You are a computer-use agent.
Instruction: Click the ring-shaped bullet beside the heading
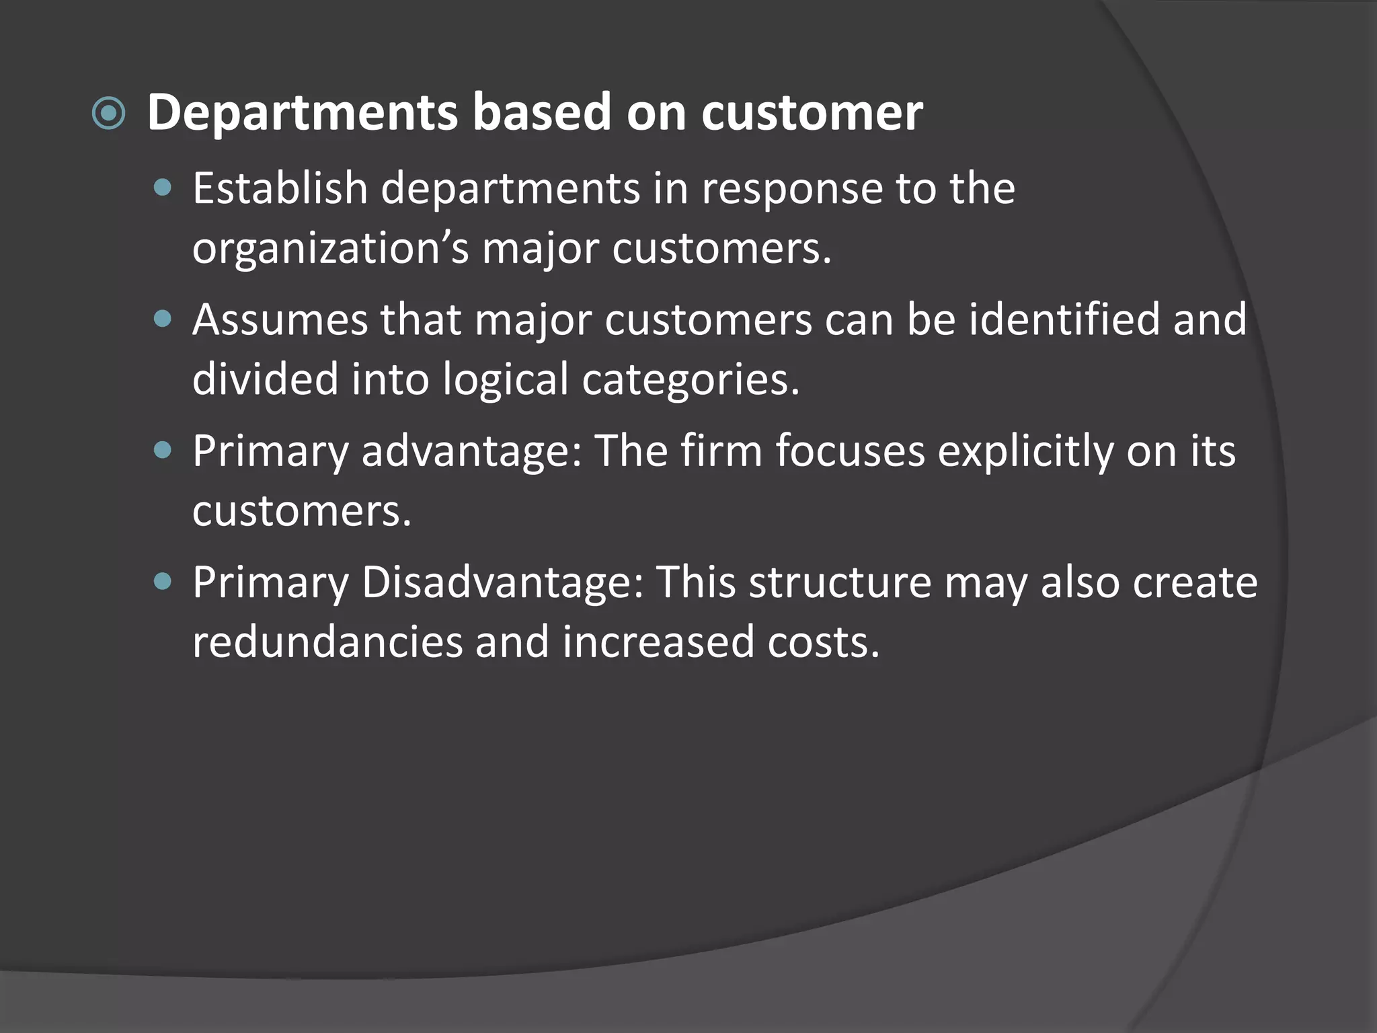[x=108, y=113]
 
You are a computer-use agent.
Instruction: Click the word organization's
[x=330, y=249]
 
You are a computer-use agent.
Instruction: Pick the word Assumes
[x=280, y=319]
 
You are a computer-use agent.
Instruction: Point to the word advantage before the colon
[x=471, y=451]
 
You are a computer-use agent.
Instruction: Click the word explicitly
[x=1025, y=452]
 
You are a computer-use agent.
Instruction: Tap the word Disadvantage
[x=503, y=582]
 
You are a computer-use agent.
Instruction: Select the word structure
[x=840, y=582]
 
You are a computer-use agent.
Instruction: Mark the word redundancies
[x=327, y=642]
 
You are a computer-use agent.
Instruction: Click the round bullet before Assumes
[x=163, y=319]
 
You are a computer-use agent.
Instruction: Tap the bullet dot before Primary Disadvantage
[x=163, y=581]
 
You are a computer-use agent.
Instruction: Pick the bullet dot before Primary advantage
[x=163, y=450]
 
